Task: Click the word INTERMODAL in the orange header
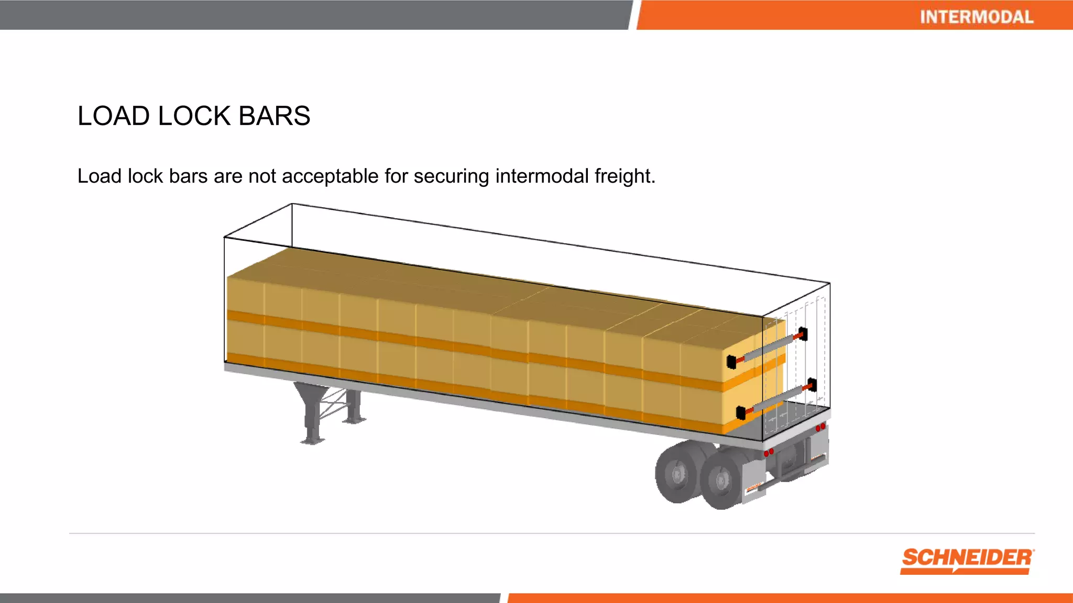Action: click(x=977, y=17)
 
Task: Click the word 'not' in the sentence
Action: click(x=262, y=176)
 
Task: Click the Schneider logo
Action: click(x=967, y=561)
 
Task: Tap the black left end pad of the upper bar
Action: click(x=731, y=362)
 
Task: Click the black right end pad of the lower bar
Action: click(x=812, y=385)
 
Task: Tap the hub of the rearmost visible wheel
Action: click(x=678, y=474)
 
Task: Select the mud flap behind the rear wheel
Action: click(x=753, y=484)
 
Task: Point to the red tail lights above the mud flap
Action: click(x=769, y=452)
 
